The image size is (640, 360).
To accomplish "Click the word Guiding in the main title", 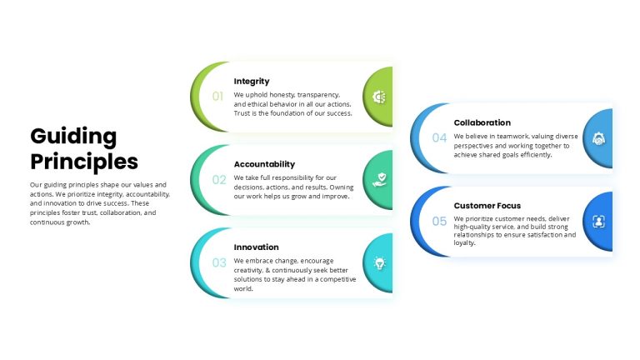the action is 73,137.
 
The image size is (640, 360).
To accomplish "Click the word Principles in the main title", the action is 84,162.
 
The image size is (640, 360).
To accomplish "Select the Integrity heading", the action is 252,81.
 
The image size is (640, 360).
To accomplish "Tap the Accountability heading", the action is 264,164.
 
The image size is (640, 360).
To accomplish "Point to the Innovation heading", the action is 257,247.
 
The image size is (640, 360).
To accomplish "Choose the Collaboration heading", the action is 482,122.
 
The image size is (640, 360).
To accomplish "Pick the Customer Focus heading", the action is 487,206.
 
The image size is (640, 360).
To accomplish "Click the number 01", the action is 217,97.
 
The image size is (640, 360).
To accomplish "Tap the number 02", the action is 219,180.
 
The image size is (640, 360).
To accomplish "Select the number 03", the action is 219,262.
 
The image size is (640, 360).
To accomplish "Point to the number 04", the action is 439,138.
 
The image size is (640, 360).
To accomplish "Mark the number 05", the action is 439,221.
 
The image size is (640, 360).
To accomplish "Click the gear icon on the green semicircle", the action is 379,97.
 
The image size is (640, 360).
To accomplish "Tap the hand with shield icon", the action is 380,180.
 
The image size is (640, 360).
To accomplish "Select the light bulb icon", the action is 380,263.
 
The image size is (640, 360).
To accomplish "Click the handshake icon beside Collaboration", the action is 599,139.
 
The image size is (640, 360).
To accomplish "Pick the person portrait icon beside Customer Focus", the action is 599,222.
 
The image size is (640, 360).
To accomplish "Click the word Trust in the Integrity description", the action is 241,113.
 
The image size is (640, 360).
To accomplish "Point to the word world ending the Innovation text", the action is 243,288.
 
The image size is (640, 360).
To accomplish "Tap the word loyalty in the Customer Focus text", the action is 464,242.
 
